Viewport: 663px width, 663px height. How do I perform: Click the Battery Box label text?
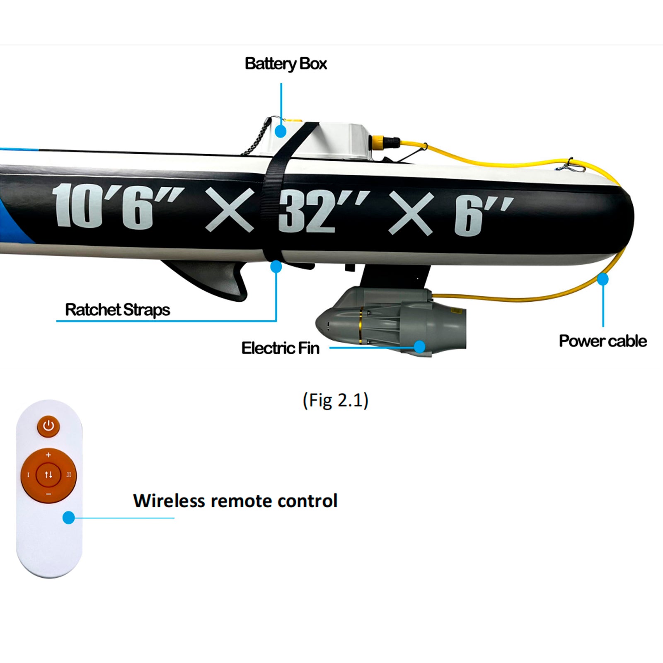[x=286, y=64]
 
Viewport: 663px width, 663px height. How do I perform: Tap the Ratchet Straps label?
[x=118, y=310]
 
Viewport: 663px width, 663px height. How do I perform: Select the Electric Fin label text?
[x=281, y=348]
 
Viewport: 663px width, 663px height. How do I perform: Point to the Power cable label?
[x=603, y=341]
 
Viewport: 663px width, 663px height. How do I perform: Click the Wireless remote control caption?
[x=235, y=501]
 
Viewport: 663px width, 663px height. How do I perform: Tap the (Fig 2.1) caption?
[x=335, y=400]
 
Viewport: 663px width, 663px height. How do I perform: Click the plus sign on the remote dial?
[x=48, y=455]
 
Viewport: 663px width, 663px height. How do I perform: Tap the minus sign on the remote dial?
[x=48, y=494]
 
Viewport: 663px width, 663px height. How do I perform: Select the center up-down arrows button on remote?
[x=48, y=474]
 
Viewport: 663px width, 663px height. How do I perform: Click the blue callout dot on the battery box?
[x=281, y=131]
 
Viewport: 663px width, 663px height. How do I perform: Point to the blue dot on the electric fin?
[x=419, y=346]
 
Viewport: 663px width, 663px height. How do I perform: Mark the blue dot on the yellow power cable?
[x=603, y=279]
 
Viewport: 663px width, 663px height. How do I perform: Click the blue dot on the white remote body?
[x=68, y=518]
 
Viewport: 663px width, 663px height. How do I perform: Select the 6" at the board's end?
[x=481, y=215]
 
